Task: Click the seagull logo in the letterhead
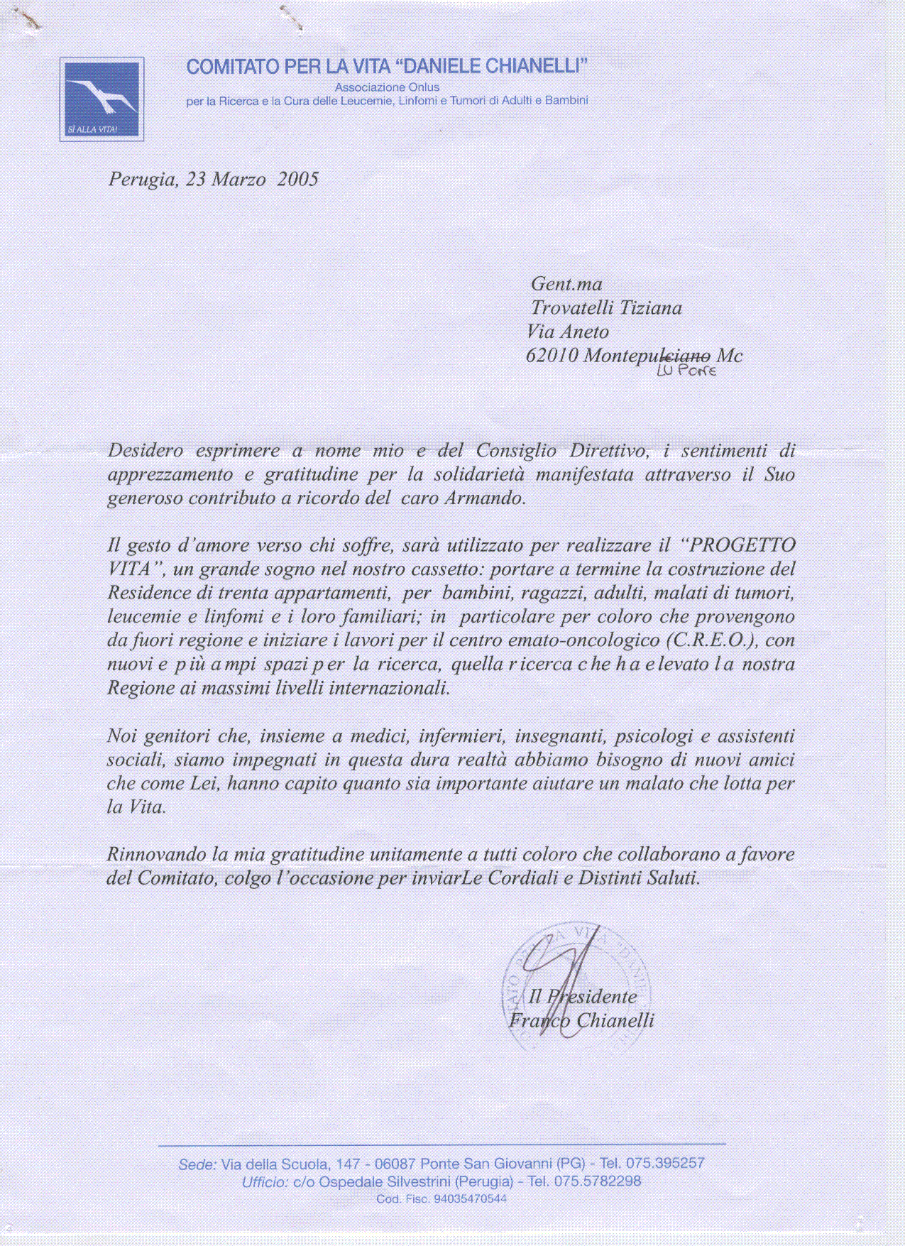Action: (x=102, y=98)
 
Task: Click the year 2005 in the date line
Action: (x=297, y=179)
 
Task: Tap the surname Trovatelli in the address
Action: (x=571, y=308)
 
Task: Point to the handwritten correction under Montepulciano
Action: (x=686, y=371)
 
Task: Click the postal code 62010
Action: (x=552, y=356)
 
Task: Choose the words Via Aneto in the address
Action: (x=568, y=332)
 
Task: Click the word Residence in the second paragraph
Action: (x=149, y=593)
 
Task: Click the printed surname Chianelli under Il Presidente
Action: (x=615, y=1021)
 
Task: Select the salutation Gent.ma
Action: (x=566, y=285)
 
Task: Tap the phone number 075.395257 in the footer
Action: (x=665, y=1163)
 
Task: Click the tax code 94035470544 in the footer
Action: (x=471, y=1199)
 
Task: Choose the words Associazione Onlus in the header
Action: (x=387, y=87)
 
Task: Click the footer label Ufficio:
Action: (x=265, y=1182)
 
